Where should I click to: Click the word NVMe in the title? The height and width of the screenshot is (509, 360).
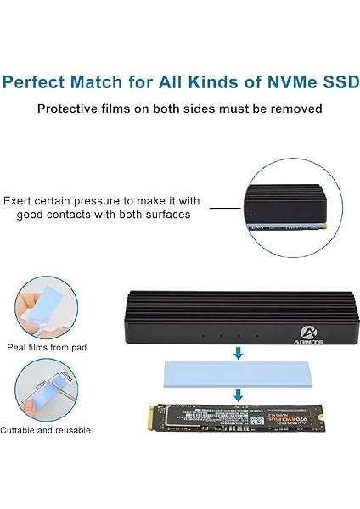(288, 82)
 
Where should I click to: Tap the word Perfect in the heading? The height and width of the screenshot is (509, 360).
(37, 82)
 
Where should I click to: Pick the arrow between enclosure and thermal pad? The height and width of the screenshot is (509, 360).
(238, 351)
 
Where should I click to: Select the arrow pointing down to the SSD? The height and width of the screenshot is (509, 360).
(238, 394)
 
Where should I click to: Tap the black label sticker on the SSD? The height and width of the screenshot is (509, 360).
(229, 417)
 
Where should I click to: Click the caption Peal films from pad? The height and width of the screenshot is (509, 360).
(48, 347)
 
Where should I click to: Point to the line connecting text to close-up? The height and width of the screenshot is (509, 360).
(224, 207)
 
